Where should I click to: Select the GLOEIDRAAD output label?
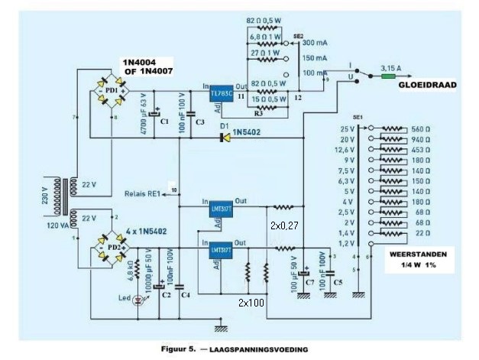(426, 86)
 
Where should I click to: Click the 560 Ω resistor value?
(422, 130)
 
